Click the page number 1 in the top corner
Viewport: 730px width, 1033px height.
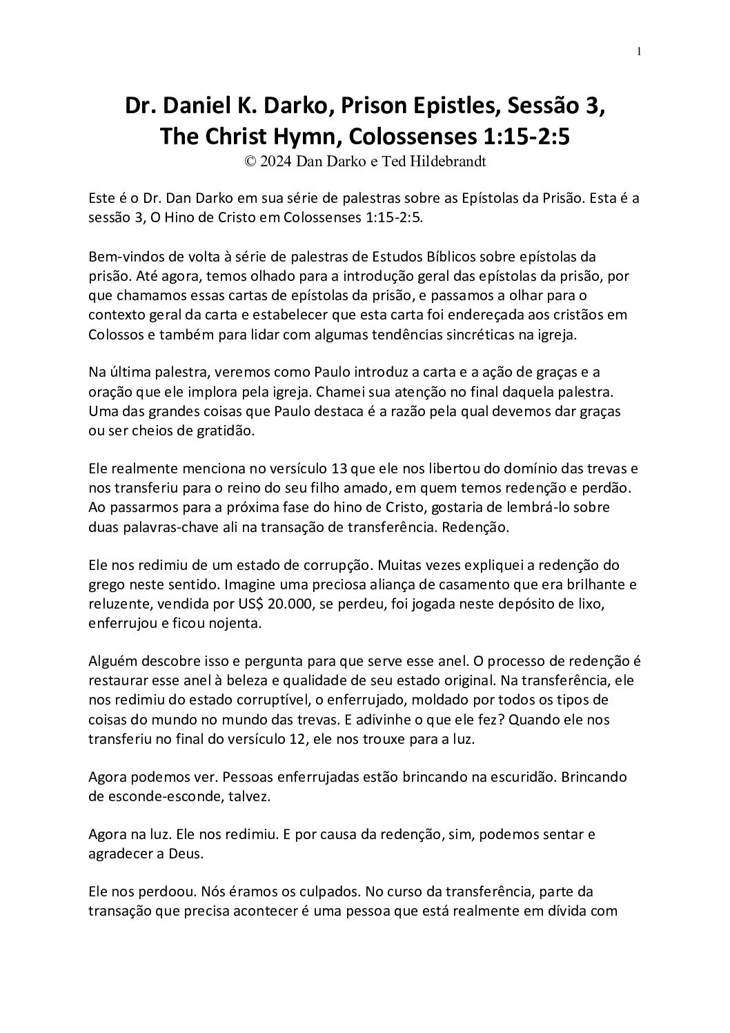point(639,50)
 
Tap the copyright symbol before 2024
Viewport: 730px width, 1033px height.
point(250,161)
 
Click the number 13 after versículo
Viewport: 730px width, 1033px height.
point(339,469)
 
